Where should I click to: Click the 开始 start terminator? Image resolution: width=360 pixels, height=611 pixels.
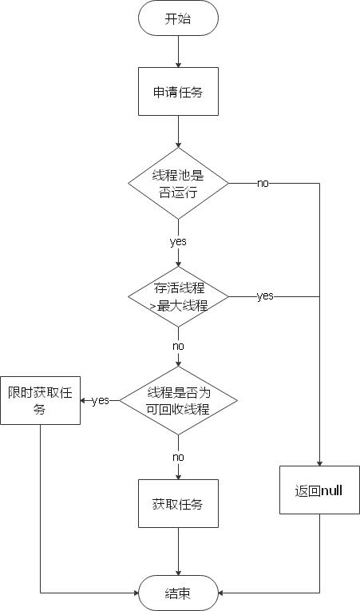[178, 19]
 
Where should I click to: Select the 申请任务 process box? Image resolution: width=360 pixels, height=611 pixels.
[178, 92]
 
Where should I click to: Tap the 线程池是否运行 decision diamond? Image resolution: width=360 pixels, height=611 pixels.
[178, 183]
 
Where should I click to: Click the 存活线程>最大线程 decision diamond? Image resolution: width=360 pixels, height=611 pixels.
[178, 296]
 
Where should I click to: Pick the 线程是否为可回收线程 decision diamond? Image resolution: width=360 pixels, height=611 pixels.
[178, 400]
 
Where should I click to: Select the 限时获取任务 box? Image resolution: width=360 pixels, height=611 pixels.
[40, 400]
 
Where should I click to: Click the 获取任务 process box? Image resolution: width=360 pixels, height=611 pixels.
[178, 504]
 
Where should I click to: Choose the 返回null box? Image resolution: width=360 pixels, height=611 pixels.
[319, 490]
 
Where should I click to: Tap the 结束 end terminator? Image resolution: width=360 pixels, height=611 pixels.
[178, 593]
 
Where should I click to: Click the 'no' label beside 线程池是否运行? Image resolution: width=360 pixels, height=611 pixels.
[263, 183]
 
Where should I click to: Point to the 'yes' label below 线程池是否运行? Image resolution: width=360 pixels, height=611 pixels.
[178, 240]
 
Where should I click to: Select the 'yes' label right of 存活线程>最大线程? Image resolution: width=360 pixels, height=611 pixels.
[264, 296]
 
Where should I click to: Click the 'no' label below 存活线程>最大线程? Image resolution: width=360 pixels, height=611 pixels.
[178, 347]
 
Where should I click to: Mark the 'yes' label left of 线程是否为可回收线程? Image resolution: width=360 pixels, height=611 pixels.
[101, 400]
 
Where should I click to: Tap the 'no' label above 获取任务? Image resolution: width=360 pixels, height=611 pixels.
[178, 457]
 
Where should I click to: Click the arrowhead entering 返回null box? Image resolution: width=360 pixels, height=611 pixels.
[319, 463]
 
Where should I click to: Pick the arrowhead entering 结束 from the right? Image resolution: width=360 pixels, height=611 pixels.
[221, 593]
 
